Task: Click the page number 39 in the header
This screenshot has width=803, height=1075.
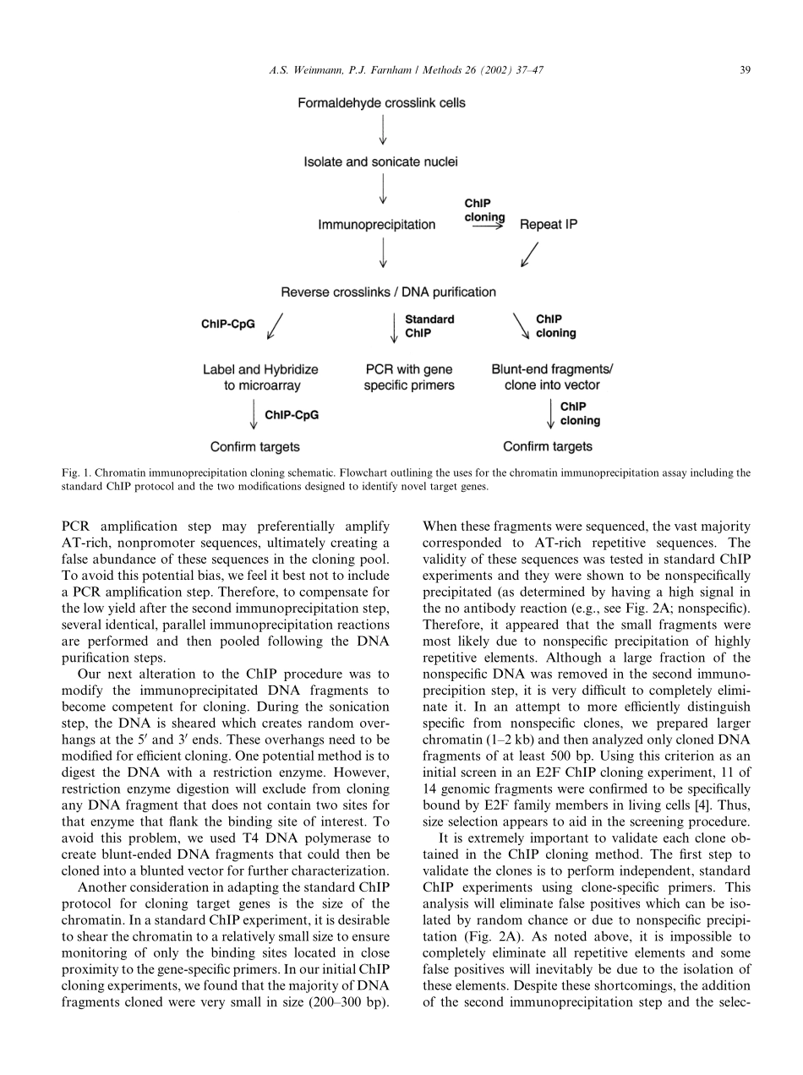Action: click(744, 70)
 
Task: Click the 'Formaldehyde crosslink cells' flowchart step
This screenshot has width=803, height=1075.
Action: click(381, 103)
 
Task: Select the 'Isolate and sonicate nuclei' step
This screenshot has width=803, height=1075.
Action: click(382, 162)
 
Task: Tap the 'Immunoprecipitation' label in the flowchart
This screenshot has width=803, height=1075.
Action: click(376, 225)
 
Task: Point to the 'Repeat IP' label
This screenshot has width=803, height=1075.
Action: click(549, 225)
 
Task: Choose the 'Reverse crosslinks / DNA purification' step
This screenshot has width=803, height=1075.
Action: click(388, 292)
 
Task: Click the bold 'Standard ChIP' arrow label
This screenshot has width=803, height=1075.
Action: click(429, 326)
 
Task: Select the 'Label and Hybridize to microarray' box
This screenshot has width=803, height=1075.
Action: click(260, 377)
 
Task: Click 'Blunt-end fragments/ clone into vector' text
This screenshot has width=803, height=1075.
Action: click(552, 377)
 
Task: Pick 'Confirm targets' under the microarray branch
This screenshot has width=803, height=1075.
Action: click(254, 446)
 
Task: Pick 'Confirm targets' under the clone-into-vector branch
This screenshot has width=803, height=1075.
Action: click(548, 446)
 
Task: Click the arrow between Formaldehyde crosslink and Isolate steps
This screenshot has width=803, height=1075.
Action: click(383, 131)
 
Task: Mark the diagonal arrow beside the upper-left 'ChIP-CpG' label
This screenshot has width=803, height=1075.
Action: click(275, 326)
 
